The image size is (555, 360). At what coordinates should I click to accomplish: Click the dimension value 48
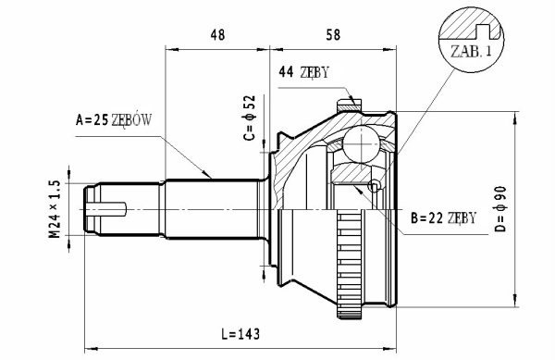pos(217,34)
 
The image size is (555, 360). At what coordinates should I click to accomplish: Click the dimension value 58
pos(333,34)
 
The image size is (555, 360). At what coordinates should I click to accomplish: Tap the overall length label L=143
pos(240,334)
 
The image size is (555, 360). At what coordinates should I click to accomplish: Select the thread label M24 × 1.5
pos(55,209)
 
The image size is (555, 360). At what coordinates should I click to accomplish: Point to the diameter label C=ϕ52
pos(250,118)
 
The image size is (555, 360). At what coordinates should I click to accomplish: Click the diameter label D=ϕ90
pos(500,209)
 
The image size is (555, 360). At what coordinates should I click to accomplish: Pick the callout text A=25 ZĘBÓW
pos(114,120)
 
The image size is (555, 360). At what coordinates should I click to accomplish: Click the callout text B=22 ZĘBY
pos(443,218)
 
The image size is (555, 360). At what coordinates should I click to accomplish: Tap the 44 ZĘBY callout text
pos(304,72)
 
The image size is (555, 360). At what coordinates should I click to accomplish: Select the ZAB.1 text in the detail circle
pos(471,52)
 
